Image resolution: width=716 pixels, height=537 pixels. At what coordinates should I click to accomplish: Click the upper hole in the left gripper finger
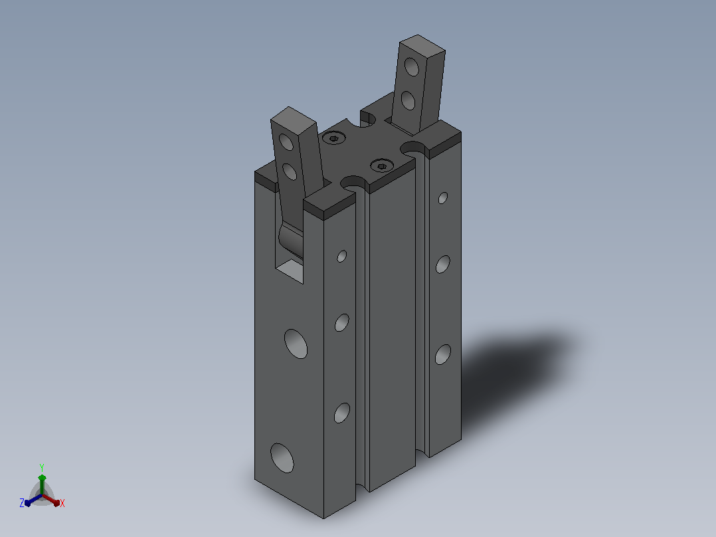point(286,142)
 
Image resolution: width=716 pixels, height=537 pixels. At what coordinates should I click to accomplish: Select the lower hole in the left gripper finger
point(290,172)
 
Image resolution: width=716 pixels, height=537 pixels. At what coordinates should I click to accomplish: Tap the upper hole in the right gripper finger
point(411,66)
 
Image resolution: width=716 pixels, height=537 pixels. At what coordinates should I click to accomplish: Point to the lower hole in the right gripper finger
point(408,100)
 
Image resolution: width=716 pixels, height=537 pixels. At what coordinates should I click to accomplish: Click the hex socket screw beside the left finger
point(334,138)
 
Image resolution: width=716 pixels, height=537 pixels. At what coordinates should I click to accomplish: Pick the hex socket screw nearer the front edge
point(382,165)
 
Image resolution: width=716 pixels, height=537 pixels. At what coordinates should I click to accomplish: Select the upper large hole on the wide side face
point(296,344)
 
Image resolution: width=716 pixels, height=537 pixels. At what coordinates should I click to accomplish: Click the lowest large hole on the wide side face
point(282,458)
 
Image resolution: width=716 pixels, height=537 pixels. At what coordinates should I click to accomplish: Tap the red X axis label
point(62,503)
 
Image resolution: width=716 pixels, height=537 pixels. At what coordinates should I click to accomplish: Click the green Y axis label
point(42,468)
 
